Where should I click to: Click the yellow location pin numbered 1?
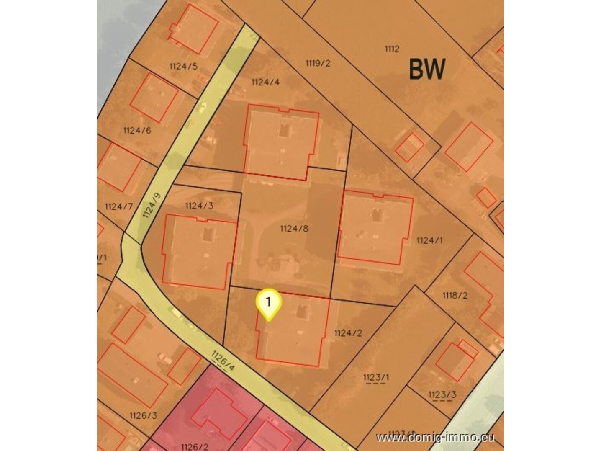point(268,303)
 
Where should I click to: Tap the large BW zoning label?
point(426,70)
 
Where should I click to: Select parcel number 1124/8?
point(294,229)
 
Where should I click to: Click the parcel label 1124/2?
point(348,333)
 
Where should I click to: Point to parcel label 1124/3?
point(199,206)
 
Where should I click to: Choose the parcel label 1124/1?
point(429,240)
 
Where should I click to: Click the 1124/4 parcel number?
point(265,82)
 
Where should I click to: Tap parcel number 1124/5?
point(183,66)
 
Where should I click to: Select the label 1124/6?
point(137,131)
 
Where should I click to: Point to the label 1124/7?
point(119,206)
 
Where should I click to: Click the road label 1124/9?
point(151,205)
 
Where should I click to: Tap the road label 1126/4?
point(223,361)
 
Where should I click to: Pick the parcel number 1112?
point(392,49)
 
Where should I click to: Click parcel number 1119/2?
point(318,63)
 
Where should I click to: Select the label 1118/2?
point(455,296)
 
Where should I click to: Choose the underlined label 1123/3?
point(442,394)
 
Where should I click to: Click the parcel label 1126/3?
point(143,416)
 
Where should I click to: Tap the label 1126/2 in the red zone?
point(195,447)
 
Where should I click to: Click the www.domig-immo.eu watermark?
point(435,438)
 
